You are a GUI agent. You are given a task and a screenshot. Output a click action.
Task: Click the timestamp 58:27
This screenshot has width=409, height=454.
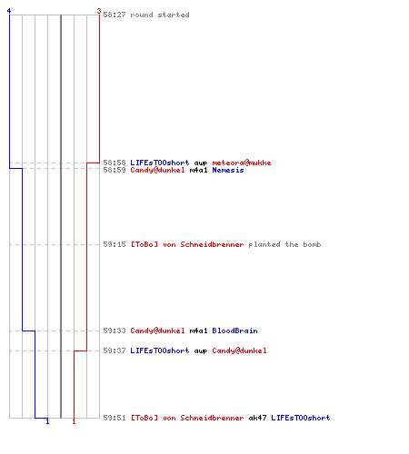(115, 15)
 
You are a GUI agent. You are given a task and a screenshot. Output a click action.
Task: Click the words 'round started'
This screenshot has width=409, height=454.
(160, 15)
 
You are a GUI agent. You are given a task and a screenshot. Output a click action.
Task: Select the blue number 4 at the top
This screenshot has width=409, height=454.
(9, 11)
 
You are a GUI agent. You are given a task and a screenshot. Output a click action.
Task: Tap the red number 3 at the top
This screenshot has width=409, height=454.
(99, 11)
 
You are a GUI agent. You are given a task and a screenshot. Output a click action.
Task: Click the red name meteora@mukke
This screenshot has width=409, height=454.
(242, 163)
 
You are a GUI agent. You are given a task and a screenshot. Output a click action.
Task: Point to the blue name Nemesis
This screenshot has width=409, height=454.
(228, 170)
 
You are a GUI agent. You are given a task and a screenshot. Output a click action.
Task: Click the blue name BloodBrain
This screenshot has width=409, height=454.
(234, 331)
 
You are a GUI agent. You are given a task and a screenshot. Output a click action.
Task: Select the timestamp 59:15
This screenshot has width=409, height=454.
(115, 244)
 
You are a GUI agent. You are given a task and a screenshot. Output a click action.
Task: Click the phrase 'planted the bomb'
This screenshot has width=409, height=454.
(284, 244)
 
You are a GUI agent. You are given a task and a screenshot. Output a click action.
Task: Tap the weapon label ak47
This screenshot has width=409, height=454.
(257, 418)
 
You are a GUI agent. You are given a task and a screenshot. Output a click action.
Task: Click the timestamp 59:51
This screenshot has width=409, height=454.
(115, 418)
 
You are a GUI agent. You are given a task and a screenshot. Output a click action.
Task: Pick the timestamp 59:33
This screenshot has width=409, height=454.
(115, 331)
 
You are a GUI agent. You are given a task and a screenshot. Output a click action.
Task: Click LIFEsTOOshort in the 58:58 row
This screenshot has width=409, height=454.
(160, 163)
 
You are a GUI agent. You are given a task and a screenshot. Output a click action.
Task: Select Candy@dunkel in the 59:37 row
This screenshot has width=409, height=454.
(239, 350)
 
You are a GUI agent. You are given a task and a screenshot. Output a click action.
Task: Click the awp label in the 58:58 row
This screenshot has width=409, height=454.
(201, 163)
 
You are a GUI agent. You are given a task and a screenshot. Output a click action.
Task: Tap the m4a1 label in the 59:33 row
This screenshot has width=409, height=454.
(198, 331)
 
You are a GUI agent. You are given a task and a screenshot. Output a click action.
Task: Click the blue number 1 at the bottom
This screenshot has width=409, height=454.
(47, 421)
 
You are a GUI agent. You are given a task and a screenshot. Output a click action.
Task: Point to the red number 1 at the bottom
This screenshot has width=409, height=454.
(74, 421)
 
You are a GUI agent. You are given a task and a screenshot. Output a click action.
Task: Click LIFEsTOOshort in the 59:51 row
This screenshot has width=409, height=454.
(301, 418)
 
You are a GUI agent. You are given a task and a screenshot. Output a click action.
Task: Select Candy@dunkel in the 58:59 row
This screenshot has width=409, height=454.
(157, 170)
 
